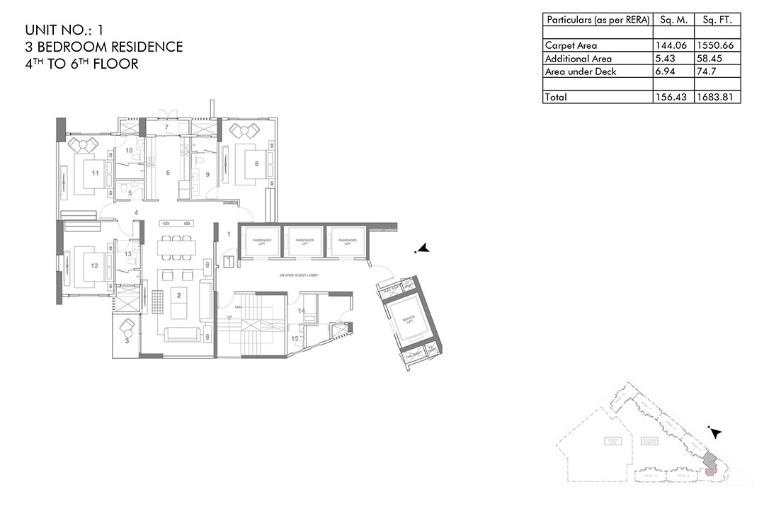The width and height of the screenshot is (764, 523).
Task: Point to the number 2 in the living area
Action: (179, 295)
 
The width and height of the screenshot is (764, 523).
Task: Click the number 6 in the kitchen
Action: (168, 173)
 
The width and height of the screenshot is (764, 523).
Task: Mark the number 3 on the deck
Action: (127, 340)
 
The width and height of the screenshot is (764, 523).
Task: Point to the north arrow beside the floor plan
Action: (423, 248)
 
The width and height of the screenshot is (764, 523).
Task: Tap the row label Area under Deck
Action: (581, 71)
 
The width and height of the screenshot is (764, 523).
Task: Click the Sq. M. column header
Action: (673, 21)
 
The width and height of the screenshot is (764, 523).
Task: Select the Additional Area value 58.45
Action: (713, 59)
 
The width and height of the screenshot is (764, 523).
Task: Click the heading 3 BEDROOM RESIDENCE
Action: (103, 47)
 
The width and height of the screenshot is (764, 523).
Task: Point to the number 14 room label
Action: (301, 311)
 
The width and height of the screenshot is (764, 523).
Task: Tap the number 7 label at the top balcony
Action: (166, 127)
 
